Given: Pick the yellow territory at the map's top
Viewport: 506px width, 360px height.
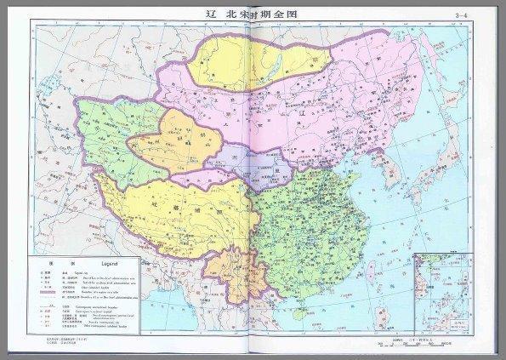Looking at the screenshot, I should (255, 64).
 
